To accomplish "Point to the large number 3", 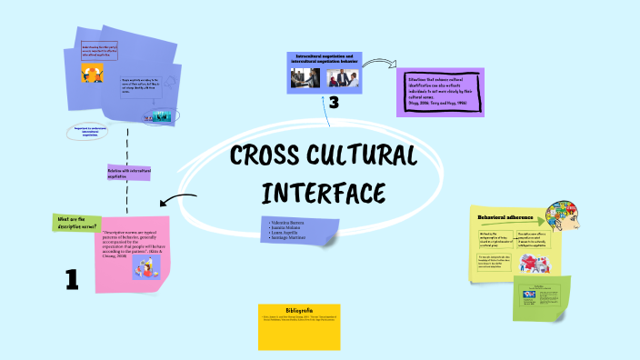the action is pos(334,105).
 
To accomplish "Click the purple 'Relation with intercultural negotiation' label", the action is pos(129,173).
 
